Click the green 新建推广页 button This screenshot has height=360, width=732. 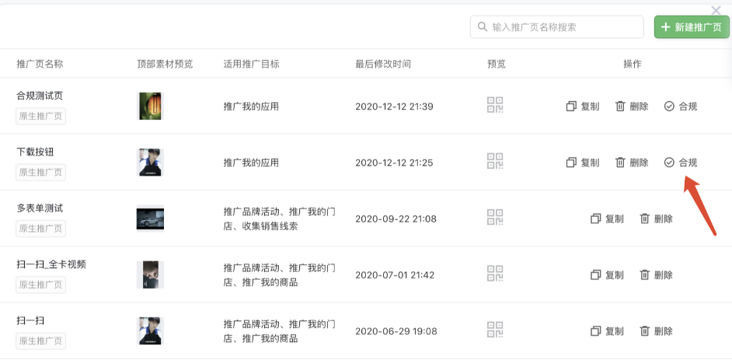click(692, 27)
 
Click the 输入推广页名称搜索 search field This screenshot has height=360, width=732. click(556, 27)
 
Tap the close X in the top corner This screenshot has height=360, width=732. click(716, 10)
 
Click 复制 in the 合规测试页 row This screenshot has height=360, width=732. click(583, 107)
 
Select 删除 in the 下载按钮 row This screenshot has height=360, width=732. click(632, 163)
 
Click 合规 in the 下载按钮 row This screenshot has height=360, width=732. click(681, 163)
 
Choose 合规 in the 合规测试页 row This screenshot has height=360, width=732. click(681, 107)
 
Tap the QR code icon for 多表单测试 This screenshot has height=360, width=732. click(495, 218)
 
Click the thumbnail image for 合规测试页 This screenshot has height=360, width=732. click(150, 106)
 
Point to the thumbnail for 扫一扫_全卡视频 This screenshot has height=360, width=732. click(150, 274)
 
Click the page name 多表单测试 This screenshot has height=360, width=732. click(40, 208)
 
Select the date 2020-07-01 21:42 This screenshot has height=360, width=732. click(394, 275)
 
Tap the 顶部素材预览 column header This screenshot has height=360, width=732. click(165, 64)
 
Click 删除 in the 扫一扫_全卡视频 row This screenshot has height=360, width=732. click(656, 274)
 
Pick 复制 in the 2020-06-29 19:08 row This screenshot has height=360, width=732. click(607, 331)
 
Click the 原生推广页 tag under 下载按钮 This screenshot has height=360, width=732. click(41, 173)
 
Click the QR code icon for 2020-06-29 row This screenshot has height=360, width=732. click(495, 330)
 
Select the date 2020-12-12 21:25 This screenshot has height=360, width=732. click(394, 163)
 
